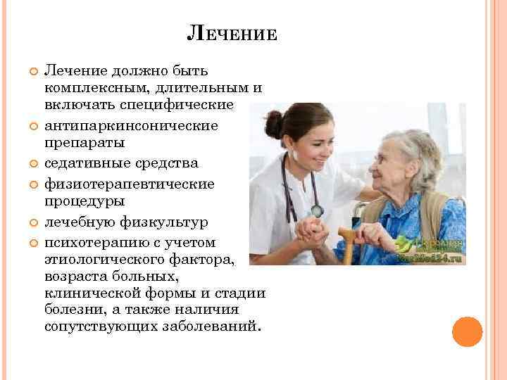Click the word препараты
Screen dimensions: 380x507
tap(84, 144)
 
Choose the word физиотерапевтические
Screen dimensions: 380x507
tap(129, 183)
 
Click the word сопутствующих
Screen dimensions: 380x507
tap(99, 327)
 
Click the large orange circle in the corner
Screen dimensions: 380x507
tap(467, 331)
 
